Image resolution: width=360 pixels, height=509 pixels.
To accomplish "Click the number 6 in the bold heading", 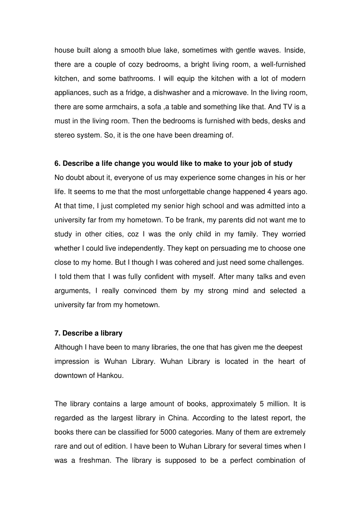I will [57, 164].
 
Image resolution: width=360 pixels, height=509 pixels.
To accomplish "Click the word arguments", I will [72, 291].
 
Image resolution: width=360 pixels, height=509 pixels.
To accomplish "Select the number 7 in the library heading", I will [57, 333].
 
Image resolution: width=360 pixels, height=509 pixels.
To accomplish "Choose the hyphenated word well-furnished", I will [282, 64].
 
